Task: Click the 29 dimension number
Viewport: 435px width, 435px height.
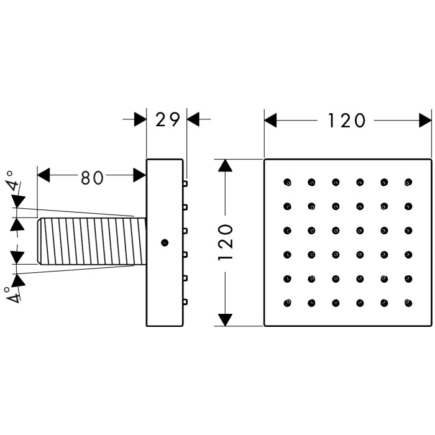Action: tap(168, 119)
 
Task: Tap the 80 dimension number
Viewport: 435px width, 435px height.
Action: tap(92, 178)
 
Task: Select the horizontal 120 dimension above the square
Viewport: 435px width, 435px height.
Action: tap(347, 121)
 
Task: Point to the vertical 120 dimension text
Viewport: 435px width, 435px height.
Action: tap(225, 242)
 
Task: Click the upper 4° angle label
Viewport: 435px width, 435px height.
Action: tap(13, 180)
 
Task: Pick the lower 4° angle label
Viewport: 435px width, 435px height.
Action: tap(12, 294)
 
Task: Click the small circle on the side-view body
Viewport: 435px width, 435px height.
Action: tap(165, 243)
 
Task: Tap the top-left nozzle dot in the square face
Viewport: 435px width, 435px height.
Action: tap(287, 182)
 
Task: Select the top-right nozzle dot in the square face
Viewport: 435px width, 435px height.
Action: tap(408, 182)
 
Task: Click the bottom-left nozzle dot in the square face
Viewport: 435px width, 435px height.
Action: tap(287, 303)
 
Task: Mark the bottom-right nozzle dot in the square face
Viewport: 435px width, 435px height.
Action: tap(408, 303)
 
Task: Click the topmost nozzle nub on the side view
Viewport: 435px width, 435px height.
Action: tap(185, 183)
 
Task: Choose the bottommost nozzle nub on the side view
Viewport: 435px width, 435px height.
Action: tap(185, 302)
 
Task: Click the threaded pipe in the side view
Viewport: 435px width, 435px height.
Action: tap(92, 241)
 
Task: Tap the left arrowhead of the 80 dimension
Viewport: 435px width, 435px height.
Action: tap(43, 175)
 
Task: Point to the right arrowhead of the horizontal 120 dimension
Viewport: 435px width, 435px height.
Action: tap(425, 121)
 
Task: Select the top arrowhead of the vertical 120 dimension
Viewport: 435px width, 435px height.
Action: tap(225, 166)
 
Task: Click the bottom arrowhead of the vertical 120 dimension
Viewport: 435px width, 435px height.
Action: tap(225, 320)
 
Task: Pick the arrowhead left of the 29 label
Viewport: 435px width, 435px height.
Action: tap(140, 119)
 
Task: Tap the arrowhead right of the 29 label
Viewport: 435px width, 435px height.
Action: tap(193, 119)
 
